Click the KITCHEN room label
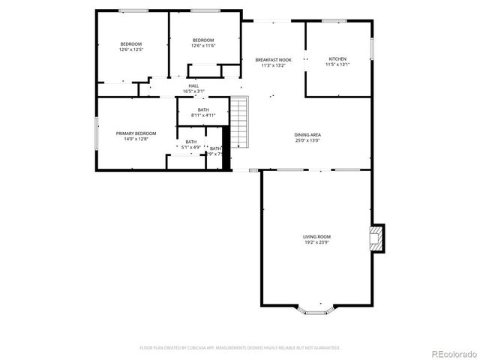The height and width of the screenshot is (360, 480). [337, 59]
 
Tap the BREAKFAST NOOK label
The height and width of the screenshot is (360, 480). [273, 60]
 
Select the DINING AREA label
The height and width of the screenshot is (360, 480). [307, 135]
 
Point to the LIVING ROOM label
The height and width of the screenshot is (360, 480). [316, 237]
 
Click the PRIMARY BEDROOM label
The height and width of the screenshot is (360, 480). [136, 133]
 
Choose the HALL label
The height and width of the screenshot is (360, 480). [193, 86]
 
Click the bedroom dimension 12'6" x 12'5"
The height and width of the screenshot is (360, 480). [130, 49]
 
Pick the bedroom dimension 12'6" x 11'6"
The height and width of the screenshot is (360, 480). [203, 46]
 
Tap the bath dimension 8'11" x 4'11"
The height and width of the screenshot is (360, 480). [203, 115]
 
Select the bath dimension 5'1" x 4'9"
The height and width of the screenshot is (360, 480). [191, 147]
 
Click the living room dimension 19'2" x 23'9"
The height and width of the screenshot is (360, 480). [316, 242]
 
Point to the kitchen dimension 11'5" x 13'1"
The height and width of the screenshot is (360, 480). [337, 64]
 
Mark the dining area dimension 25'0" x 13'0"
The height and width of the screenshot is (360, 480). [307, 140]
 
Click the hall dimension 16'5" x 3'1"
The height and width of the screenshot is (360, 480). [193, 91]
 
